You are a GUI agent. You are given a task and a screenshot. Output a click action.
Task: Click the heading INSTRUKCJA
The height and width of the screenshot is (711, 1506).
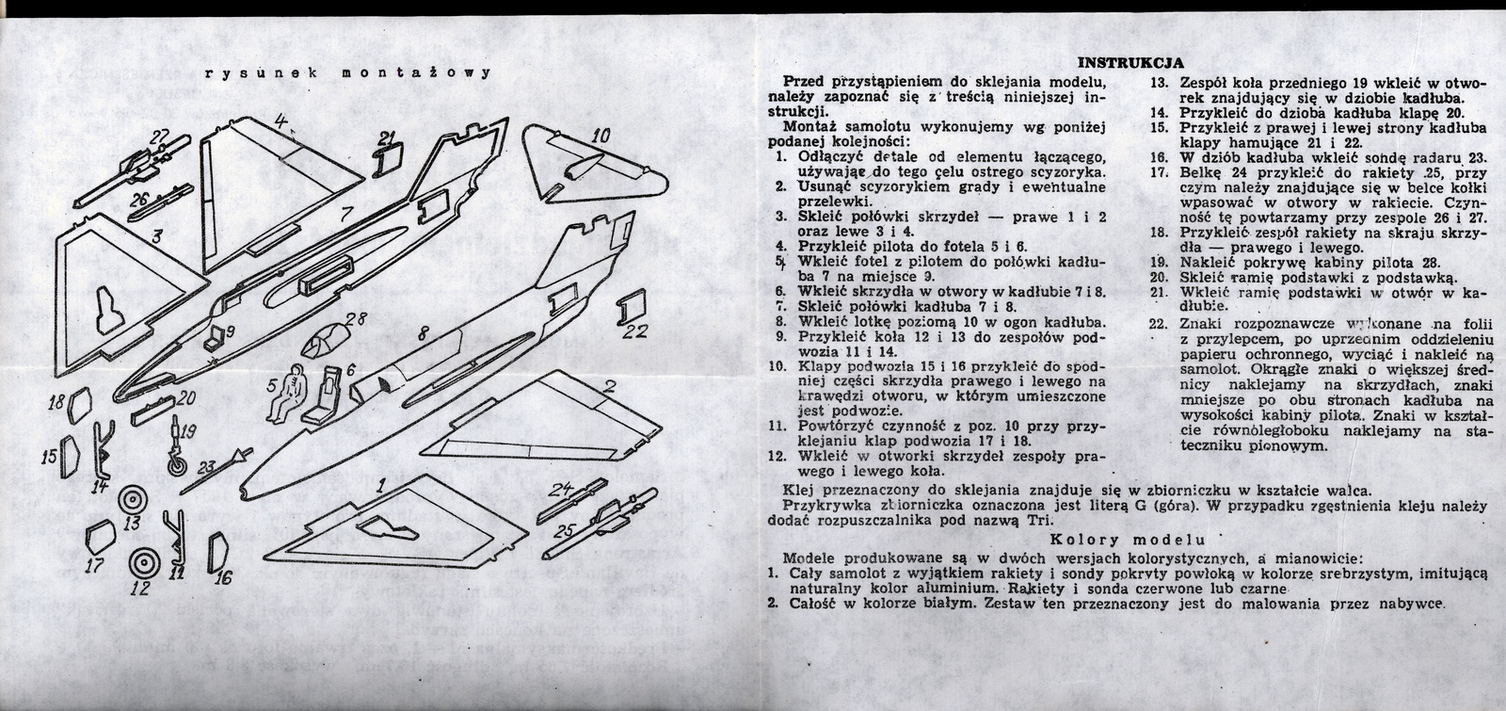[1129, 63]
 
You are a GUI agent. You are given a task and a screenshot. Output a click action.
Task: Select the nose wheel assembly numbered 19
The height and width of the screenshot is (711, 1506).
[179, 451]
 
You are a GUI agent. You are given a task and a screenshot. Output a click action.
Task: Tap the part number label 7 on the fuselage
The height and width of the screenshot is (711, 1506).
[345, 213]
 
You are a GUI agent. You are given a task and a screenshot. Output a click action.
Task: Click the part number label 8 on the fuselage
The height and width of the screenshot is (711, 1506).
[421, 332]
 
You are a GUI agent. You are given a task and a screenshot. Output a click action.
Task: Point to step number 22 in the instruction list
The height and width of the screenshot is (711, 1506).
[1161, 324]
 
